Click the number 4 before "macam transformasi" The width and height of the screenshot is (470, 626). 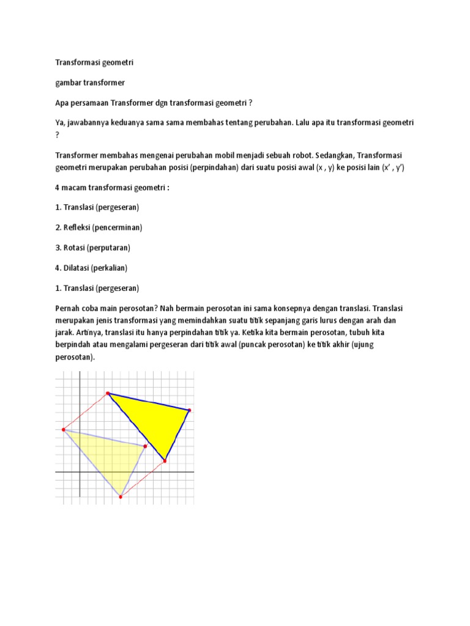coord(58,188)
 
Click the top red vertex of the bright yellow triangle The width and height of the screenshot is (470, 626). coord(108,394)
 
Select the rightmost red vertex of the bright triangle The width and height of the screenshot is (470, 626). coord(189,410)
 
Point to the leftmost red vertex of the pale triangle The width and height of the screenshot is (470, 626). coord(63,430)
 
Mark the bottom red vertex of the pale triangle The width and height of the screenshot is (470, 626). coord(121,496)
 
